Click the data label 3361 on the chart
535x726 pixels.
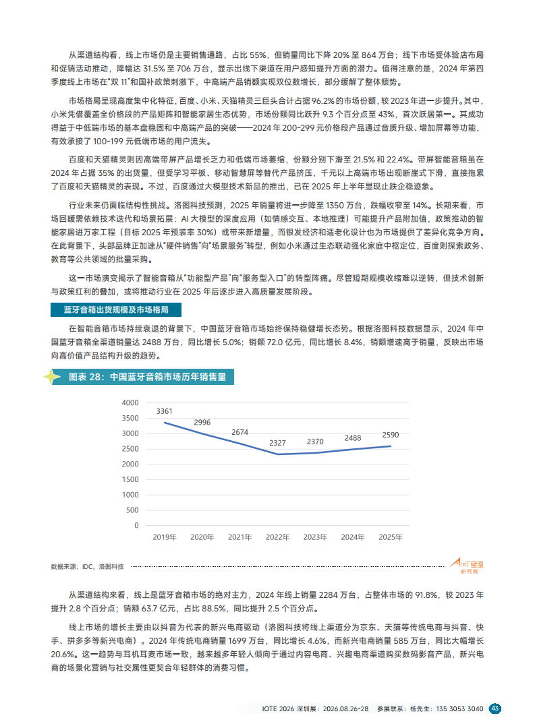click(164, 411)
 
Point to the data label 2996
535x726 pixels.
click(202, 422)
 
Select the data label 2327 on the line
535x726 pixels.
click(277, 442)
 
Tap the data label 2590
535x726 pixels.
click(391, 435)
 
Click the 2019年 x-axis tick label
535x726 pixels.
click(164, 537)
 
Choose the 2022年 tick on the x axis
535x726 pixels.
click(277, 537)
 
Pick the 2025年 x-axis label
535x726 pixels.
click(391, 537)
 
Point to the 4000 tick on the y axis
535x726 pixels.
click(128, 402)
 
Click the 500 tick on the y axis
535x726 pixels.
click(132, 510)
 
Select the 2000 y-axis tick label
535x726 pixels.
click(128, 464)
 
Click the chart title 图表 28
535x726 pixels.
click(147, 377)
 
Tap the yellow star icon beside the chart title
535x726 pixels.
click(51, 377)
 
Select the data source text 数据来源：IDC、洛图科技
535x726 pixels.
click(88, 566)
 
